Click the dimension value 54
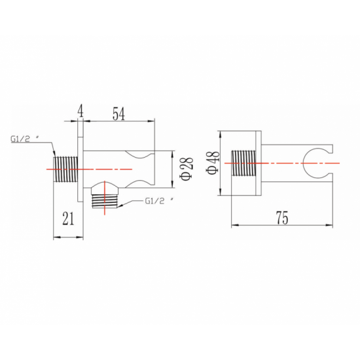click(x=118, y=114)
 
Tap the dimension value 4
click(x=80, y=111)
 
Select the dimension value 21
click(x=68, y=219)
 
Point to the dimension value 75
click(x=282, y=217)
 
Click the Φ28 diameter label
click(x=187, y=169)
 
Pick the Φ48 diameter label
click(x=213, y=163)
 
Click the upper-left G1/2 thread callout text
click(x=25, y=139)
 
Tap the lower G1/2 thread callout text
click(x=159, y=201)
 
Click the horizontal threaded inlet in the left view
click(x=65, y=170)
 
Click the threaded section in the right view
click(x=243, y=163)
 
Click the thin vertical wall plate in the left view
click(x=81, y=170)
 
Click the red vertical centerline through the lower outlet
click(x=105, y=198)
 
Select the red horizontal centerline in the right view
click(x=282, y=163)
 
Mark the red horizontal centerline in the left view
click(x=89, y=170)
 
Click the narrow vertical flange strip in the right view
click(x=259, y=163)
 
